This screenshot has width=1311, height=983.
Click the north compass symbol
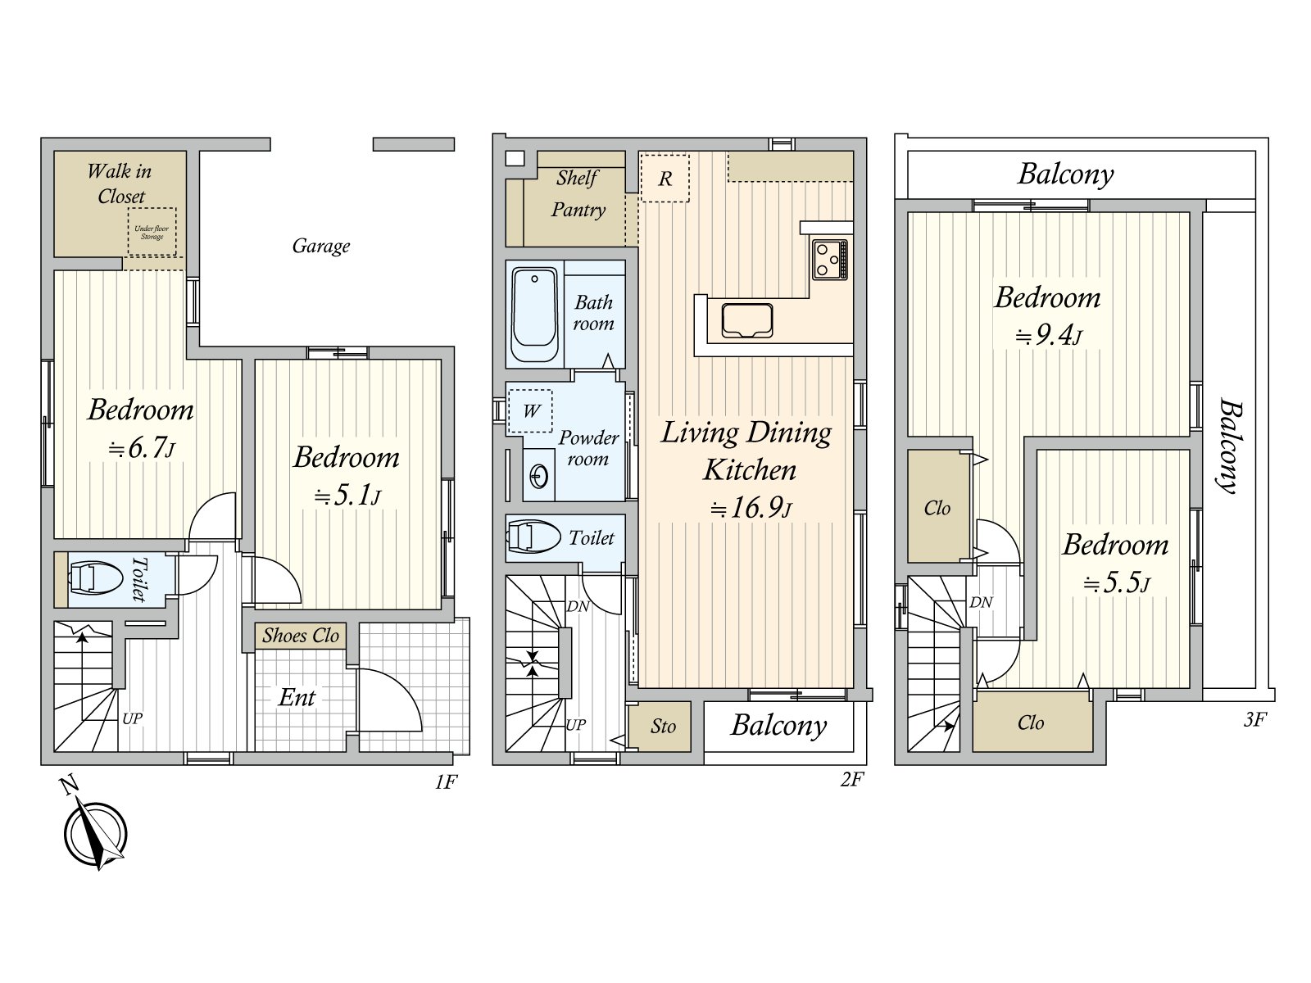[96, 834]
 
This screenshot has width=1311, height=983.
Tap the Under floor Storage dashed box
[152, 232]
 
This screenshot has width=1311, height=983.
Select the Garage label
[320, 246]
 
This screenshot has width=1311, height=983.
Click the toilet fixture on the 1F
[95, 578]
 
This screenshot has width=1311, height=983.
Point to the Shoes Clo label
[301, 636]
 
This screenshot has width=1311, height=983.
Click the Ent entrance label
[297, 698]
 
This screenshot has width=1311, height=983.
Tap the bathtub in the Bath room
[534, 314]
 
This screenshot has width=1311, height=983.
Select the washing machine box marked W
[531, 410]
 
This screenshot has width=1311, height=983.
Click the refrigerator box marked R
[665, 179]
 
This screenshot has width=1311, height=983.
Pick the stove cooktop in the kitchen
[829, 260]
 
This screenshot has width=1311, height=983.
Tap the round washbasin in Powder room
[539, 476]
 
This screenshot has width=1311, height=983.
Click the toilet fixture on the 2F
[533, 538]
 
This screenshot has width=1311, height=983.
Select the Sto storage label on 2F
[663, 727]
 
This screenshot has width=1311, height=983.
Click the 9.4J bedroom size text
[1049, 336]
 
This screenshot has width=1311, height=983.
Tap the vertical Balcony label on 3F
[1228, 446]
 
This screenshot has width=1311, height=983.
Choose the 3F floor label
[1254, 720]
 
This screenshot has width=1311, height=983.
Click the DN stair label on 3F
[981, 602]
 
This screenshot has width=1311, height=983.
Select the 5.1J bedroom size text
[348, 496]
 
